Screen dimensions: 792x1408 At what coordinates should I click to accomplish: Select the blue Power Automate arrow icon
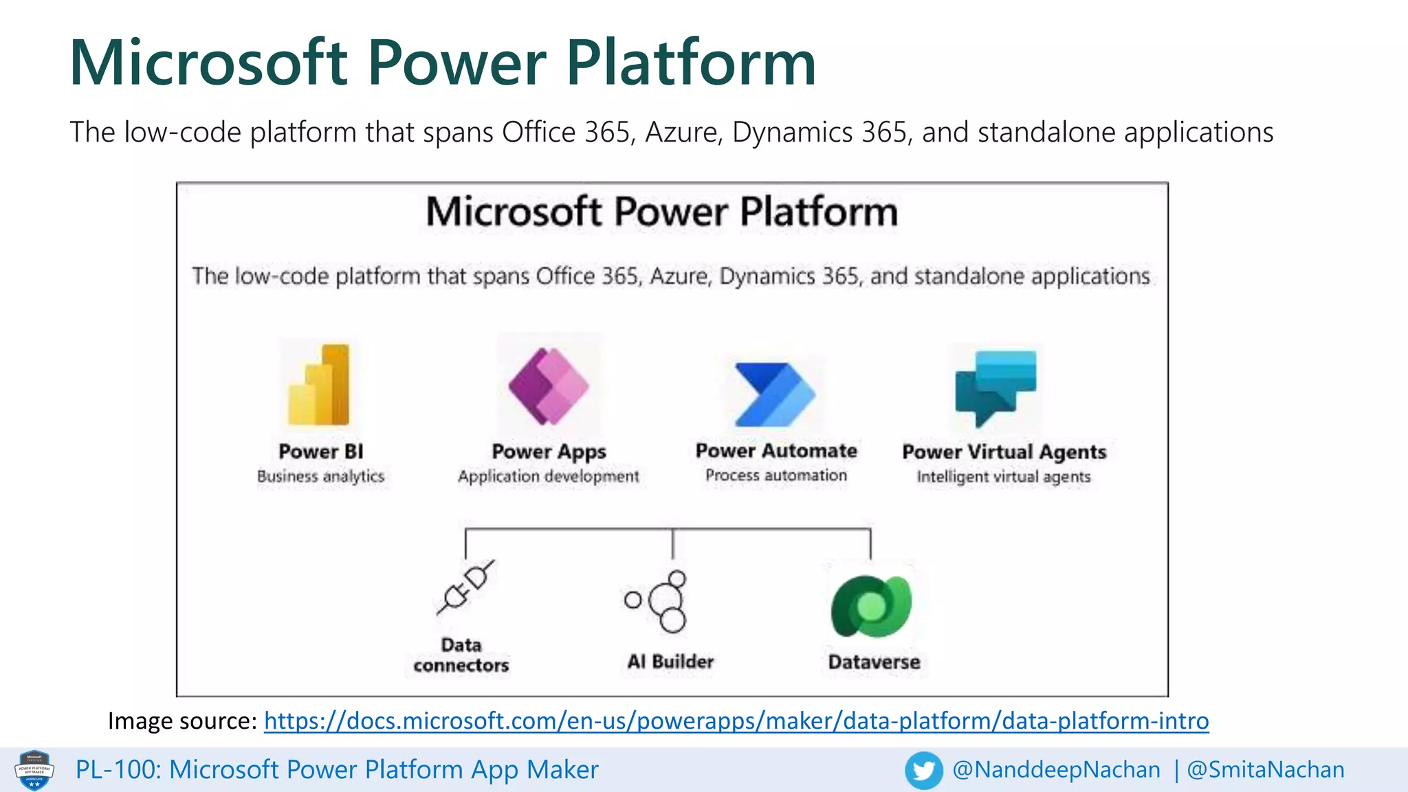coord(774,394)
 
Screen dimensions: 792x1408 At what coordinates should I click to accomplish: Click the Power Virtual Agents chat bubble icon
coord(995,387)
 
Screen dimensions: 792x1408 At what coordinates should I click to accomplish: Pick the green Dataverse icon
coord(872,606)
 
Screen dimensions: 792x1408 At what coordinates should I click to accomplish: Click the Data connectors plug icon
coord(465,588)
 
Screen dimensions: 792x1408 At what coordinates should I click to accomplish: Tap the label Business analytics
coord(320,476)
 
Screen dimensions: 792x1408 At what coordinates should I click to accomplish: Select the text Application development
coord(549,476)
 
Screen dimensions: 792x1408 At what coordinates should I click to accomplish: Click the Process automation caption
coord(776,475)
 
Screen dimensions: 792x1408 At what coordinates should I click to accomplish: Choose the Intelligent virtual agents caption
coord(1003,476)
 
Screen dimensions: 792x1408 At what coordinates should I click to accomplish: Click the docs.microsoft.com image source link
coord(736,720)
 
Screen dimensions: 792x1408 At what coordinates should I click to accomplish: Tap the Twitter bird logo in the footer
coord(923,770)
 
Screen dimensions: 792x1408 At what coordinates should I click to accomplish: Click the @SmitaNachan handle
coord(1266,769)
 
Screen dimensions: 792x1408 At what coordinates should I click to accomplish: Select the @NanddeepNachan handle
coord(1056,769)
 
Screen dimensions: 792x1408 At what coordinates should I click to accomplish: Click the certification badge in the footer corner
coord(34,770)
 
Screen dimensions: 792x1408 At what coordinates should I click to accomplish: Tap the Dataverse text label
coord(874,662)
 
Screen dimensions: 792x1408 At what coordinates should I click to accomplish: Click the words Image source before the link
coord(182,720)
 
